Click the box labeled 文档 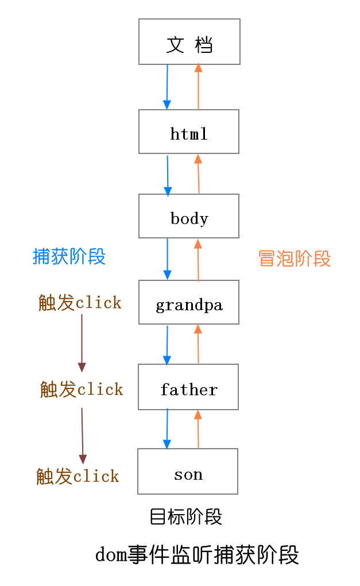coord(189,42)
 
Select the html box coord(189,132)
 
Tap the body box coord(189,217)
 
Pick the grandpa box coord(189,303)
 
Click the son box coord(188,472)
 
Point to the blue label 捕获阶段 coord(69,256)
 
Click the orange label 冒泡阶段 coord(295,259)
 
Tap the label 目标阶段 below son coord(185,516)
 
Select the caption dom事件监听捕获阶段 coord(197,555)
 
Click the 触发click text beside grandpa coord(80,302)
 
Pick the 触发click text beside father coord(82,389)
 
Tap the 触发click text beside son coord(78,476)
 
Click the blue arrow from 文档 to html coord(167,87)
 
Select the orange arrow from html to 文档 coord(199,87)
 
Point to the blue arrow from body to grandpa coord(168,259)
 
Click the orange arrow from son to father coord(198,429)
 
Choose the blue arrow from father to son coord(167,429)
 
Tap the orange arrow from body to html coord(199,174)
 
